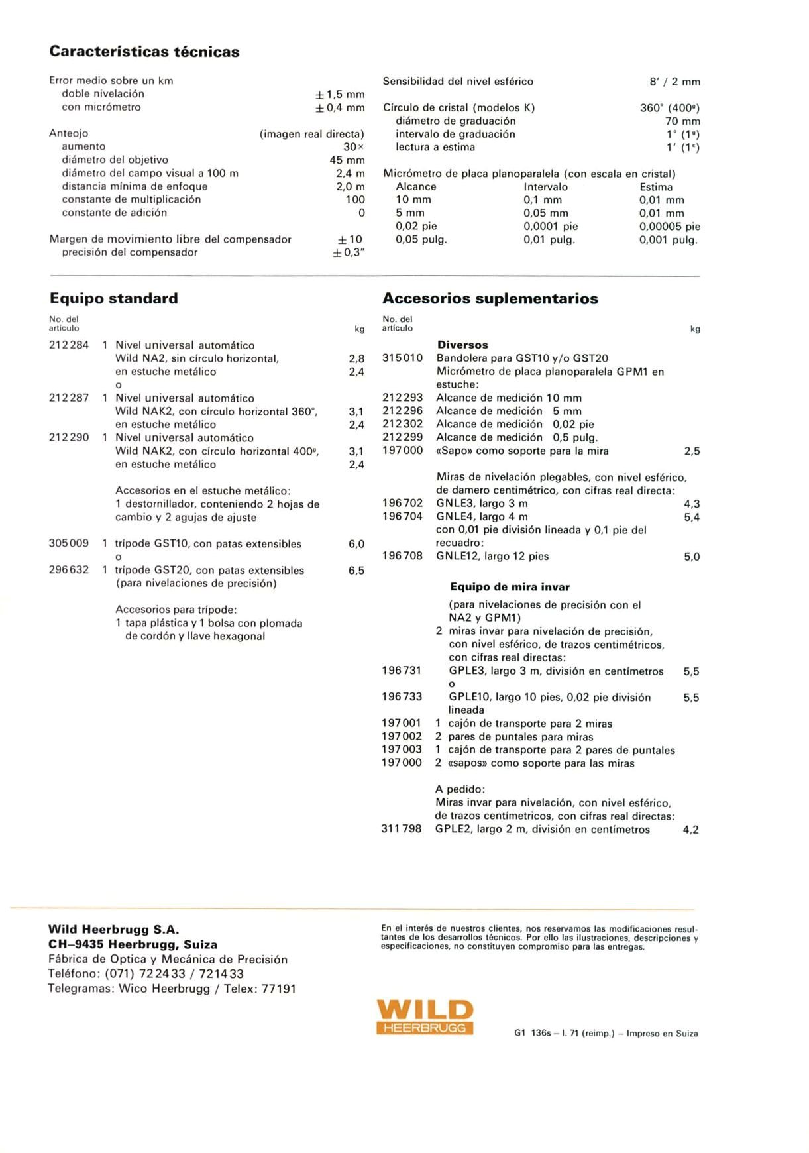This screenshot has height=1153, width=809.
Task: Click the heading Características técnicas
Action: [144, 52]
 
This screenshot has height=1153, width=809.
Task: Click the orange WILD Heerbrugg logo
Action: [425, 1017]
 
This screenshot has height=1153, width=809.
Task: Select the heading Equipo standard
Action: [114, 298]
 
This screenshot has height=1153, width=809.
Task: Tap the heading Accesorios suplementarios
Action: [490, 298]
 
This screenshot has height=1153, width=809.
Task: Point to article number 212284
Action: [69, 345]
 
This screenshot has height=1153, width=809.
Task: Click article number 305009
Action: [69, 543]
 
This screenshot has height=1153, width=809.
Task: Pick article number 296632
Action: [69, 570]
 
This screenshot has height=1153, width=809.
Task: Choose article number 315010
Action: [402, 358]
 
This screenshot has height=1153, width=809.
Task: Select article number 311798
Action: [402, 829]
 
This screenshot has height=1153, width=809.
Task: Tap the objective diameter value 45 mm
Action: [347, 160]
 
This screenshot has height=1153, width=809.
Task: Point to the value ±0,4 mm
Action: [340, 107]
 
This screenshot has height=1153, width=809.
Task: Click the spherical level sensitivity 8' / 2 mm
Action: [674, 82]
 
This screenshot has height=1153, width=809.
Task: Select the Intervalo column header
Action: [545, 187]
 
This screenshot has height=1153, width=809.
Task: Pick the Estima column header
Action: [656, 187]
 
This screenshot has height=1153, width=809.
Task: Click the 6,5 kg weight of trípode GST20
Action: [356, 571]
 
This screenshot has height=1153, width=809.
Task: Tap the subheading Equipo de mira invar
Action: [510, 587]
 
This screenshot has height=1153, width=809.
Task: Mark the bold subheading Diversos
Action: [462, 345]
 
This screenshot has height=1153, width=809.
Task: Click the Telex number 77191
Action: [279, 989]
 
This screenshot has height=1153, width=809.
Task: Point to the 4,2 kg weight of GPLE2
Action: [690, 830]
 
